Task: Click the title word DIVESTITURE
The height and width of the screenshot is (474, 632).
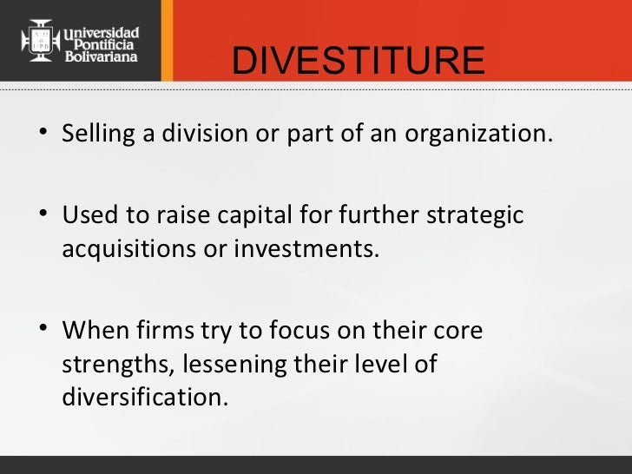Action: point(359,61)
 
